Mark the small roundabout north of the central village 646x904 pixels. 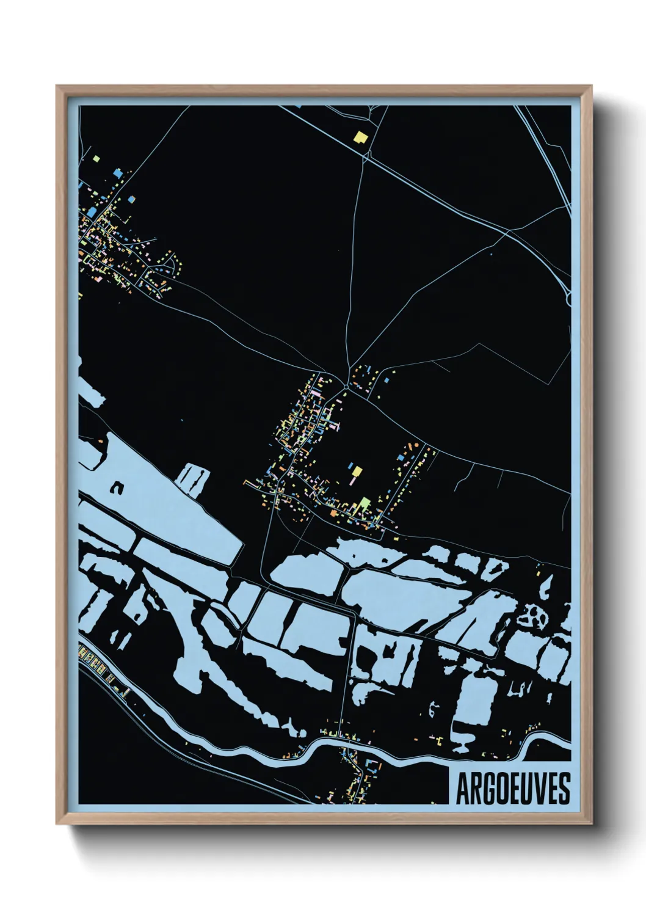(346, 386)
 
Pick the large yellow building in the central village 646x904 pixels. (358, 472)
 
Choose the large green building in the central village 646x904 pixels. (365, 503)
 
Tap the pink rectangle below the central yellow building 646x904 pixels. (353, 481)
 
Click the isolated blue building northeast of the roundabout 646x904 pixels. (387, 381)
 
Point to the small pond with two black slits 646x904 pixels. (194, 478)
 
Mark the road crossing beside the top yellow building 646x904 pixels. (366, 158)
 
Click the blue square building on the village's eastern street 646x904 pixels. (401, 456)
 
